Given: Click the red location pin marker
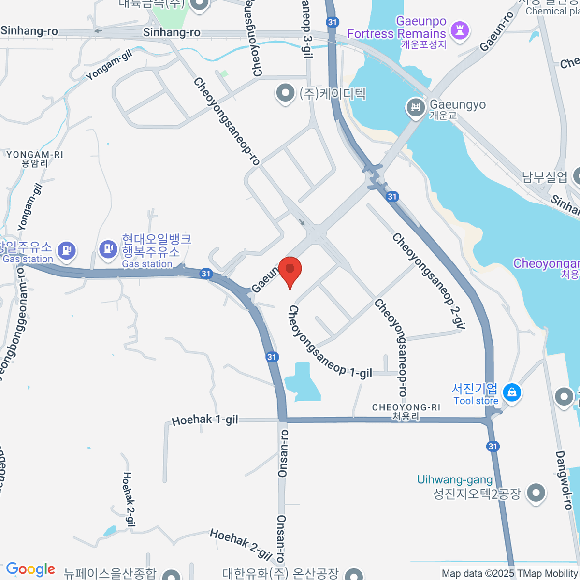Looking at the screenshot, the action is [290, 271].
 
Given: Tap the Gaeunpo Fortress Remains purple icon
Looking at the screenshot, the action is [459, 31].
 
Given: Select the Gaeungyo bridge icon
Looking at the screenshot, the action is [416, 108].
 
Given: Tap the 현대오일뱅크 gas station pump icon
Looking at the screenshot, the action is [108, 249].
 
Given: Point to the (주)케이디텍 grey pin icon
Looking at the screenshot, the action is [285, 93].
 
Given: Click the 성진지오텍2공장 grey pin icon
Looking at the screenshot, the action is [536, 493].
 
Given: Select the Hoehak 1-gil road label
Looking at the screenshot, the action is [205, 420].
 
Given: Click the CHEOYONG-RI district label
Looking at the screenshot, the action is [406, 407].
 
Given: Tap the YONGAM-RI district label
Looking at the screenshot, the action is [35, 155].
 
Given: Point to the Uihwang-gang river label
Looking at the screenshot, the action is [455, 480].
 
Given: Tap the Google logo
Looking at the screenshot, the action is [31, 569].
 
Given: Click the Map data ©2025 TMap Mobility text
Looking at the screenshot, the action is [510, 574].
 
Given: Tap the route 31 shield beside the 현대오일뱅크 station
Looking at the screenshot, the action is [206, 274].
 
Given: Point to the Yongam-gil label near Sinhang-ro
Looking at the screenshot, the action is [109, 66].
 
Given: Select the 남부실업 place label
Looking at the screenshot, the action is [544, 177].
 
